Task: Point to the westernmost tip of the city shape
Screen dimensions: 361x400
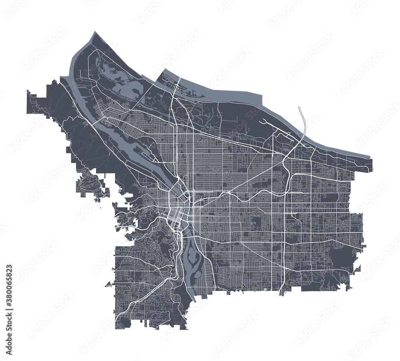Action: [x=27, y=93]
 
